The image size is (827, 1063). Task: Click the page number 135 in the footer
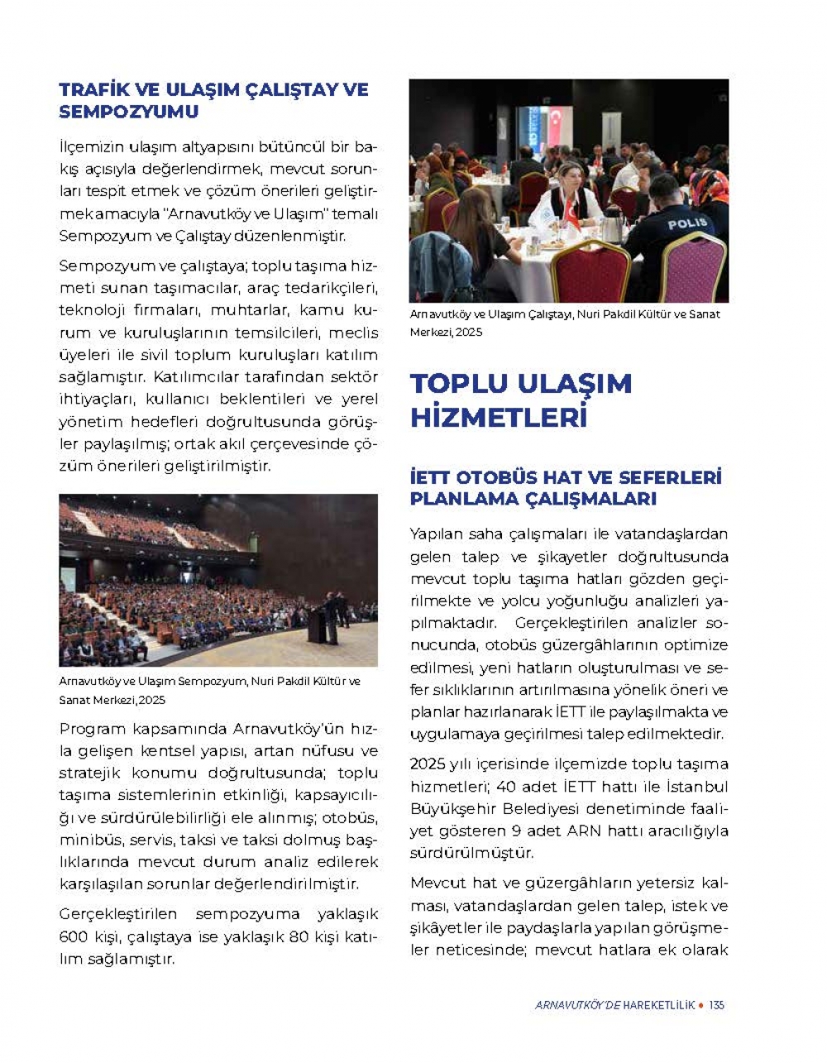[717, 1005]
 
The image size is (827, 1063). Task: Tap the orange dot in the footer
[701, 1005]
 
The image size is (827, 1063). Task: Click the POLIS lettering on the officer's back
[687, 223]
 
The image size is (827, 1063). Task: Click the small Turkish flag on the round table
[571, 213]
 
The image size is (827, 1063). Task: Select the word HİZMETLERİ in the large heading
[499, 417]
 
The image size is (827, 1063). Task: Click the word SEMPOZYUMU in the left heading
[129, 112]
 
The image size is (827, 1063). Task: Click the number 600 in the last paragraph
[74, 937]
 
